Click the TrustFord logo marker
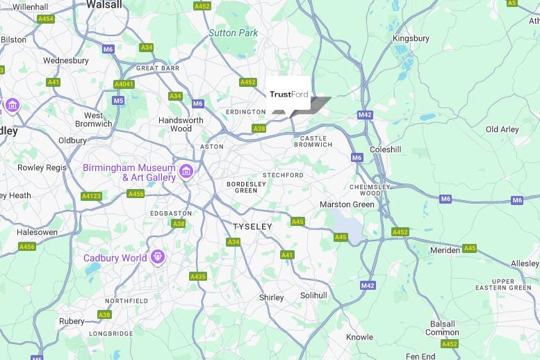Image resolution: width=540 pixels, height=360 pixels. (x=288, y=94)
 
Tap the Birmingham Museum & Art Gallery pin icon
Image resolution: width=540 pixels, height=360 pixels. (x=186, y=171)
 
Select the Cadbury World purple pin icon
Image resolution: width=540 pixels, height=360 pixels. (x=158, y=258)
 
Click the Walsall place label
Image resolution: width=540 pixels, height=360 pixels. (x=104, y=4)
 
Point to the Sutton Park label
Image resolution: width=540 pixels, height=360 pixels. (x=234, y=33)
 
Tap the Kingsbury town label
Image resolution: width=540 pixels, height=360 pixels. (x=411, y=39)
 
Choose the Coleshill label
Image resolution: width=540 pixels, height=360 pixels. (x=386, y=149)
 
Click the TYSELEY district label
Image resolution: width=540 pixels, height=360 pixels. (x=253, y=227)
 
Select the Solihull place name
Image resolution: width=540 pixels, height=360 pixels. (x=313, y=295)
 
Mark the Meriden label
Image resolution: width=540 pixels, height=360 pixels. (x=445, y=250)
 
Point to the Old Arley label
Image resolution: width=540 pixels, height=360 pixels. (x=502, y=130)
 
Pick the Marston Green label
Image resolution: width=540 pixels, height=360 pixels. (x=347, y=204)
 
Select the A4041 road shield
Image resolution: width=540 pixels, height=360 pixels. (x=124, y=84)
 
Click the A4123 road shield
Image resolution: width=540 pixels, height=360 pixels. (x=91, y=196)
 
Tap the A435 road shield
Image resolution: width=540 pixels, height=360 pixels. (x=198, y=276)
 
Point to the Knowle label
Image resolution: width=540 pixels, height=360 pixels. (x=360, y=337)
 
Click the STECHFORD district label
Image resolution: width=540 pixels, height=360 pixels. (x=283, y=175)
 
